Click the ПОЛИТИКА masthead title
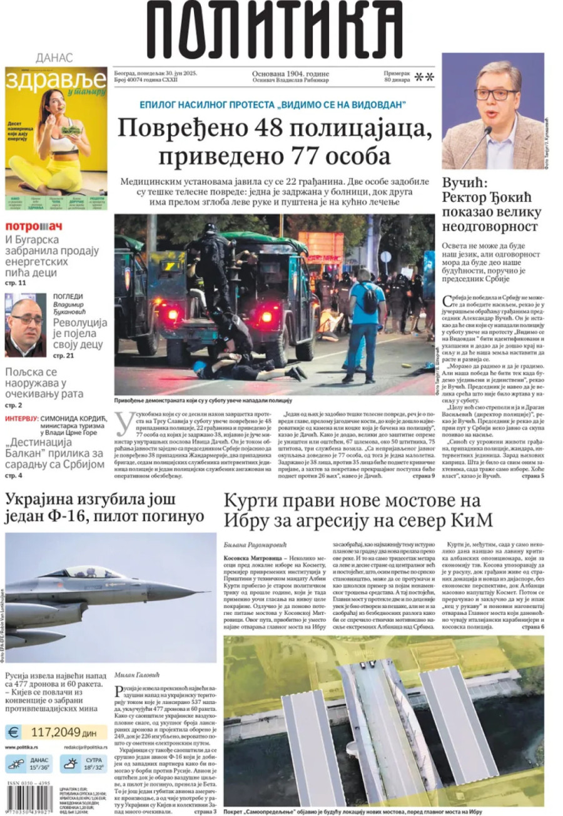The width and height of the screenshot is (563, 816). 275,31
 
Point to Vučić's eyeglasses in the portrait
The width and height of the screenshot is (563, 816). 495,95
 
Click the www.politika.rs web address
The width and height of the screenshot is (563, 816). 24,746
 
